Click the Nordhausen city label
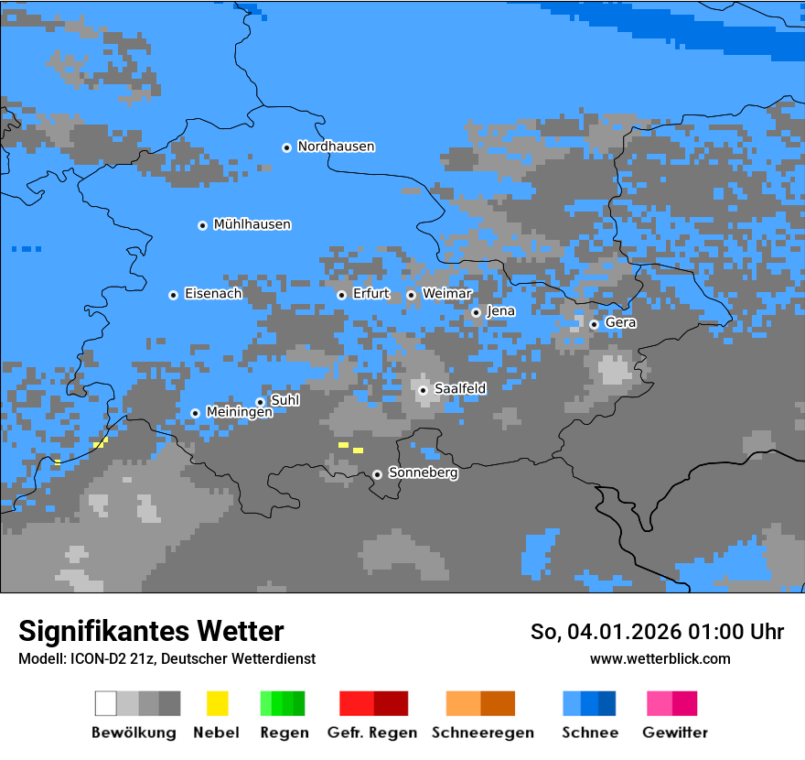point(336,147)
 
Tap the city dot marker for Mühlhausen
point(202,225)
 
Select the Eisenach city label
point(213,294)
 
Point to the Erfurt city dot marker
point(341,295)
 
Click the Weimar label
point(446,293)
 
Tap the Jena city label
point(500,311)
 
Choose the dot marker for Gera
point(594,324)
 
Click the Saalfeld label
point(460,389)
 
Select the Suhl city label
point(284,400)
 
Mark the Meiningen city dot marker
point(195,413)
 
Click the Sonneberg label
point(423,473)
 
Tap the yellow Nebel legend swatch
point(217,703)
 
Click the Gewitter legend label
point(675,733)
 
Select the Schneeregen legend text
point(482,733)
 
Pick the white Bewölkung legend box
point(106,703)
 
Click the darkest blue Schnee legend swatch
point(607,703)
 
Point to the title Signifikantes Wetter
point(151,631)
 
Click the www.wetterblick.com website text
point(660,658)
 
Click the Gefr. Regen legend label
point(371,733)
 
